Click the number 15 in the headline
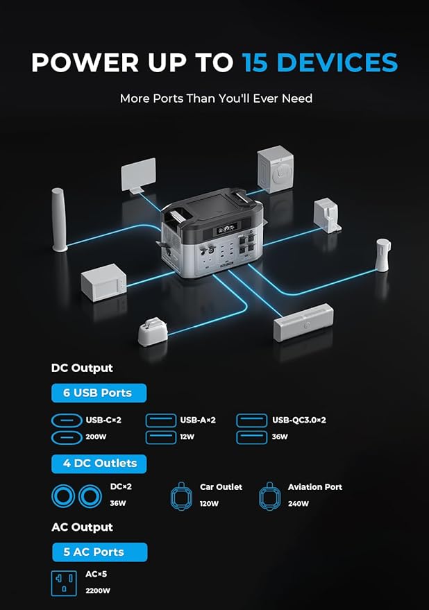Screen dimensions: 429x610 [x=255, y=62]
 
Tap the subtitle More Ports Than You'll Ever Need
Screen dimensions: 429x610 [x=216, y=99]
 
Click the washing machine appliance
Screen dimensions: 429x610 [x=276, y=169]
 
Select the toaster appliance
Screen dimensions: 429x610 [x=153, y=332]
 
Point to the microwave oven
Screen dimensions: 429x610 [x=103, y=282]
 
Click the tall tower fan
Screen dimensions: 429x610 [x=60, y=220]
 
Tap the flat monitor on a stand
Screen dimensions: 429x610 [x=138, y=175]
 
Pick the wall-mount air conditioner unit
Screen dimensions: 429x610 [x=303, y=323]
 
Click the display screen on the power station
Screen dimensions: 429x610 [x=226, y=229]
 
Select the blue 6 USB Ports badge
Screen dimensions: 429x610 [x=99, y=393]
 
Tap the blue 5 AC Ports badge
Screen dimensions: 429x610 [x=100, y=552]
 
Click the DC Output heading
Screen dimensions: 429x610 [x=82, y=368]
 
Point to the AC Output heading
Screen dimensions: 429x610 [x=82, y=527]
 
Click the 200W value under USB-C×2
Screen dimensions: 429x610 [x=96, y=437]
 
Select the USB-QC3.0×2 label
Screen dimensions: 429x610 [x=299, y=420]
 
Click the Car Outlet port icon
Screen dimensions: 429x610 [x=181, y=496]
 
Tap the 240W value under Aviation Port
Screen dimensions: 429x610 [x=298, y=504]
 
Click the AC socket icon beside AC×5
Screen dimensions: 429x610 [x=64, y=584]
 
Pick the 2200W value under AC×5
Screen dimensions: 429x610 [x=98, y=591]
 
